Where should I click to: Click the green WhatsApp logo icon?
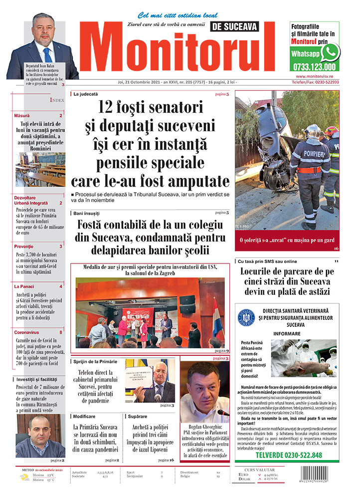330,52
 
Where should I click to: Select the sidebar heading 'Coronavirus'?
26,332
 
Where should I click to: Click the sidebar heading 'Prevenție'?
24,247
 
